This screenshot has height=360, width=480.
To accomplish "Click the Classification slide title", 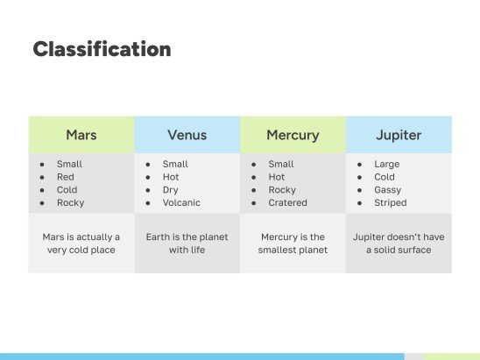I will (102, 50).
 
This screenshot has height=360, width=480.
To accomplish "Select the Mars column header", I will (81, 135).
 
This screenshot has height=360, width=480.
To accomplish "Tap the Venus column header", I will (187, 135).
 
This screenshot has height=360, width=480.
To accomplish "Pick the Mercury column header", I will (293, 135).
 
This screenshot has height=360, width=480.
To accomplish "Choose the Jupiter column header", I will (399, 135).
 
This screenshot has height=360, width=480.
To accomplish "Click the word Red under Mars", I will (65, 177).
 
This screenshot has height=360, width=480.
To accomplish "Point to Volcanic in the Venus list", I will (180, 202).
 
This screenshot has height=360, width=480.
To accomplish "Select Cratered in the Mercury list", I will (287, 202).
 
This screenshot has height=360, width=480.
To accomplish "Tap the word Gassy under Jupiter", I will (387, 189).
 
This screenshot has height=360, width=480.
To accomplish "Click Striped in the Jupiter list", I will (390, 202).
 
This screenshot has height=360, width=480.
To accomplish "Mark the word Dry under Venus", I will (170, 189).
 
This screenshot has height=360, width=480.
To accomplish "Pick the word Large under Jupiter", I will (386, 164).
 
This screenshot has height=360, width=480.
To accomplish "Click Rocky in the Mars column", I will (70, 202).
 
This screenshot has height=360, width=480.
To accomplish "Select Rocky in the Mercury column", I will (282, 189).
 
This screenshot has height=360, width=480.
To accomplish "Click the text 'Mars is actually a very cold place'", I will (81, 244).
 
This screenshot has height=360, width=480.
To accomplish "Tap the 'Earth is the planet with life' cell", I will (187, 244).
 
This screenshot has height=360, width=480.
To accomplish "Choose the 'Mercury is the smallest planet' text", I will (293, 244).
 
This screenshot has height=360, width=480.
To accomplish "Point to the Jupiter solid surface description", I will (399, 244).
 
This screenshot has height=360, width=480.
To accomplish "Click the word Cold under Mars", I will (67, 189).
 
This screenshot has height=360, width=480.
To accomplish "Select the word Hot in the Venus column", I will (171, 177).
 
